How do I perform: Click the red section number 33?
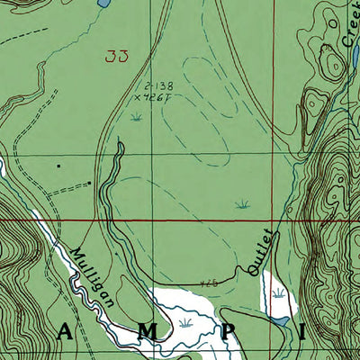pos(116,57)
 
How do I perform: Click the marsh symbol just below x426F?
pos(136,116)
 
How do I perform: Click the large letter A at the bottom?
pos(67,335)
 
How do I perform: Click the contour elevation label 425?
pos(210,283)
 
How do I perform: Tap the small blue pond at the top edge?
pos(102,4)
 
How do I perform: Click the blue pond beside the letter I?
pos(280,320)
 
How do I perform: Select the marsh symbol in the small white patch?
pos(279,293)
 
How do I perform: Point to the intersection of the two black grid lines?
pos(151,156)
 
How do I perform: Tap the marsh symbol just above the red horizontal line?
pos(241,204)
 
